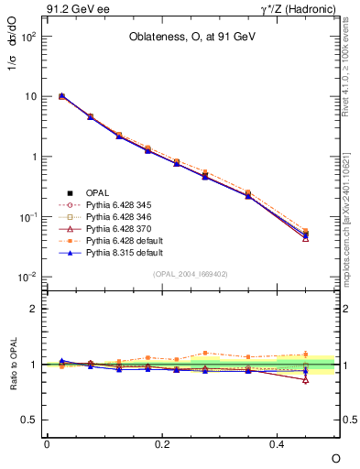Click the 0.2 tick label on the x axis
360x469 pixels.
[162, 444]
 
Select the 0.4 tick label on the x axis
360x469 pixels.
[278, 444]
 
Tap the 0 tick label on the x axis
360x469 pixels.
[47, 444]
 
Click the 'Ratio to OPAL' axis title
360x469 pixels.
[13, 365]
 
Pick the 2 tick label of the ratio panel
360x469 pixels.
[35, 310]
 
